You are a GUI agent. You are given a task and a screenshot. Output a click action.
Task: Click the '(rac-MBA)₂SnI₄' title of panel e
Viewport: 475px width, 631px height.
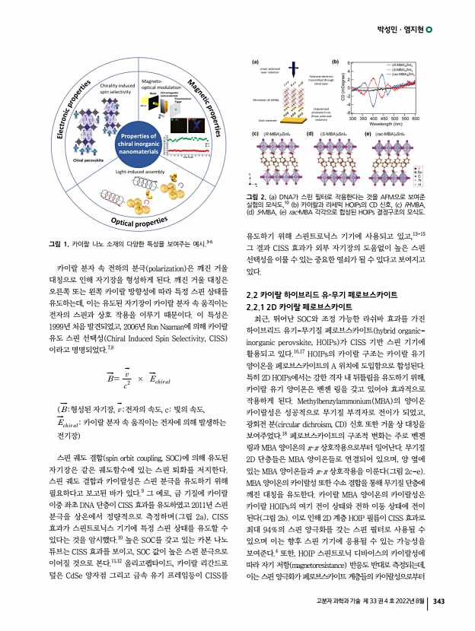393,133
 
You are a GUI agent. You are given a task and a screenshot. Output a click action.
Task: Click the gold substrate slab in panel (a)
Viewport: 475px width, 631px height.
272,117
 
